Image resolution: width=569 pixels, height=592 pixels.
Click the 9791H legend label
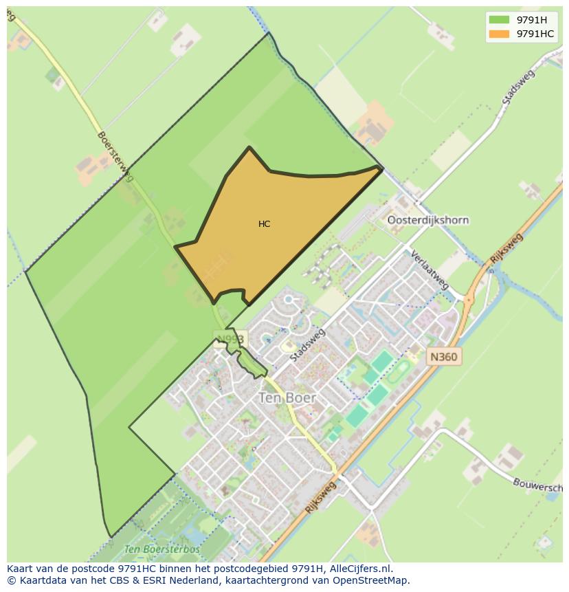pyautogui.click(x=531, y=20)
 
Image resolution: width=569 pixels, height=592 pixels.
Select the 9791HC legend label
pyautogui.click(x=535, y=34)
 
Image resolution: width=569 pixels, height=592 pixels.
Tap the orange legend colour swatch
pyautogui.click(x=500, y=34)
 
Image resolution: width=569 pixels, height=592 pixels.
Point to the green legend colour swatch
pyautogui.click(x=500, y=20)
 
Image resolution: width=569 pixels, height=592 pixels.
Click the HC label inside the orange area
pyautogui.click(x=265, y=224)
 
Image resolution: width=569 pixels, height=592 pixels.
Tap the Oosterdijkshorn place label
pyautogui.click(x=428, y=220)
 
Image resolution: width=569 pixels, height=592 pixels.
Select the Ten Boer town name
pyautogui.click(x=287, y=397)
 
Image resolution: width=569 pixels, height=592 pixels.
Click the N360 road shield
pyautogui.click(x=443, y=357)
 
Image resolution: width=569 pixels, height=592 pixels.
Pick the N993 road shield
pyautogui.click(x=230, y=338)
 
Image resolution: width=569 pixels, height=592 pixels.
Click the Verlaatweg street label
pyautogui.click(x=429, y=269)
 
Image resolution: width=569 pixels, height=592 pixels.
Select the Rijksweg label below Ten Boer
pyautogui.click(x=321, y=497)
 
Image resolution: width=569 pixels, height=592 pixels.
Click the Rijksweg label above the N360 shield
pyautogui.click(x=507, y=249)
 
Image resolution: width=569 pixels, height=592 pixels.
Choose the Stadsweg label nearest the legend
pyautogui.click(x=518, y=87)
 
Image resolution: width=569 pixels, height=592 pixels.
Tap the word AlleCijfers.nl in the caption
pyautogui.click(x=360, y=569)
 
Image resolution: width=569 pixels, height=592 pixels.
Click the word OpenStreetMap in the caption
pyautogui.click(x=372, y=580)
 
